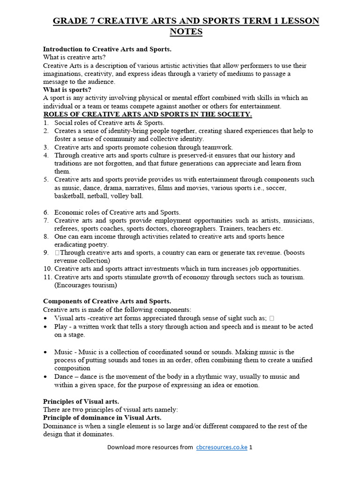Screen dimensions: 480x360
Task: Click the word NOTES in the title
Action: pos(186,32)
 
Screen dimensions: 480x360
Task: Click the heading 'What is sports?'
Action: pos(67,90)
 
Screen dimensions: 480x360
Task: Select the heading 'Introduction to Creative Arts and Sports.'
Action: pos(107,49)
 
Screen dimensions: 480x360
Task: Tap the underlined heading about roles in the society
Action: pos(148,114)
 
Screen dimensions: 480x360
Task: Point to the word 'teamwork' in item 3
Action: pos(218,147)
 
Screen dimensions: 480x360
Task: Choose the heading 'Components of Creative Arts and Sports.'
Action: pos(107,301)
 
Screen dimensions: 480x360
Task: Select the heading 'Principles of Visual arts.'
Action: pos(81,401)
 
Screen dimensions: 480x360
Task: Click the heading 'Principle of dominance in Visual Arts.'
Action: pos(102,418)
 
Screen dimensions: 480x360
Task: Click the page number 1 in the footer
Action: pos(251,447)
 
